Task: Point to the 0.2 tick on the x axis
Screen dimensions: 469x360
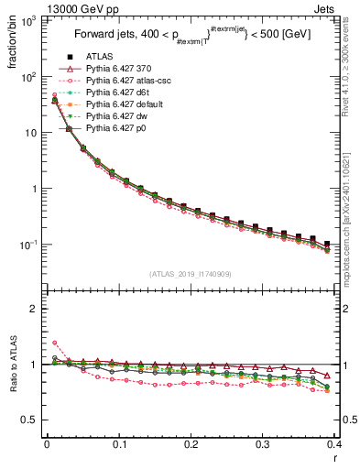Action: click(x=191, y=444)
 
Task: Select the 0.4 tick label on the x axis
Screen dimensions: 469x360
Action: click(x=334, y=444)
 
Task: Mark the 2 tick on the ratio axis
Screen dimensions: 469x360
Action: click(x=35, y=309)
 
